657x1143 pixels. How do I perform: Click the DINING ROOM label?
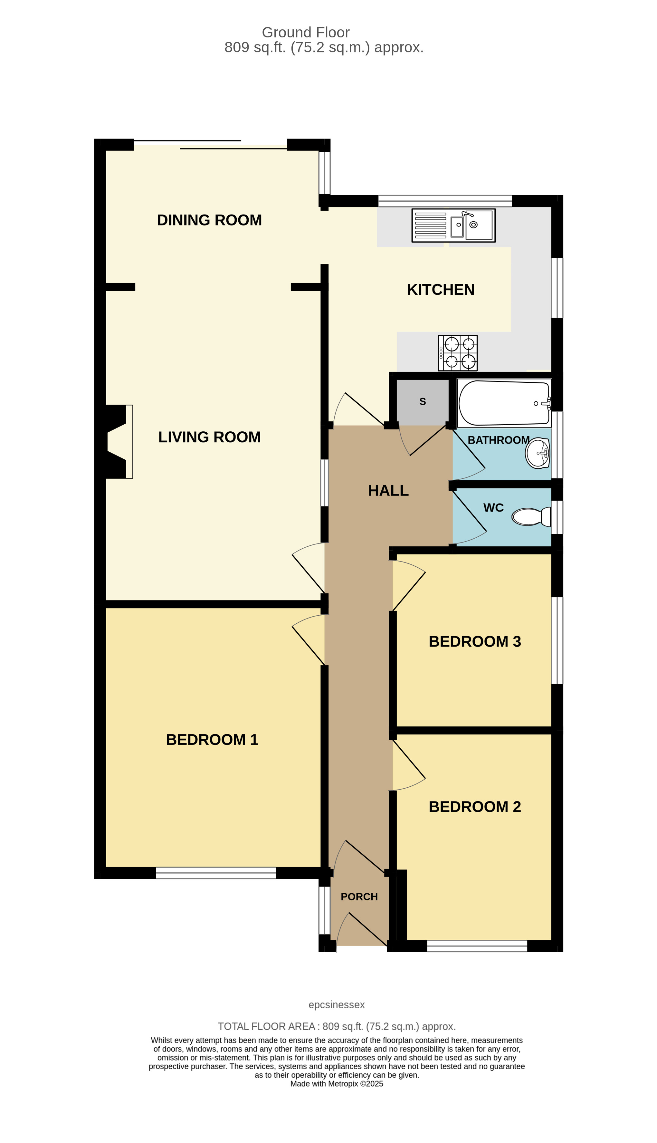(209, 220)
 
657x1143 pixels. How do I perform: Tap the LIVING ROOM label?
(209, 437)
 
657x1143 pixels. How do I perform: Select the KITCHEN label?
(440, 290)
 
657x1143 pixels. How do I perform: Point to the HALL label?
(388, 491)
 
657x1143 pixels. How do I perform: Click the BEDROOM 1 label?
(212, 740)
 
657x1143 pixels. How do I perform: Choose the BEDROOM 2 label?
(475, 806)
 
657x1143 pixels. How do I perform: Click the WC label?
(493, 508)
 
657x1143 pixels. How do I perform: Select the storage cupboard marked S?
(422, 402)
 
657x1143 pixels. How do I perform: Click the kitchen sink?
(453, 225)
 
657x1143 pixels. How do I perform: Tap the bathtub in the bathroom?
(504, 403)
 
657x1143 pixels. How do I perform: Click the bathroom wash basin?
(538, 453)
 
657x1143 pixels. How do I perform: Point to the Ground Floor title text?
(306, 33)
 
